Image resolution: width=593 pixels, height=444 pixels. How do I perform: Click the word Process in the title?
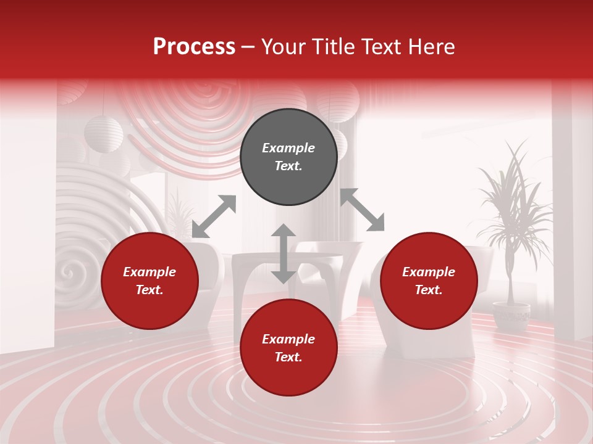pos(194,47)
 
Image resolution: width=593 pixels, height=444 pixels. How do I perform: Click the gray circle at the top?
pos(288,157)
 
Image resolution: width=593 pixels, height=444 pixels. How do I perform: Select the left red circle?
pos(149,281)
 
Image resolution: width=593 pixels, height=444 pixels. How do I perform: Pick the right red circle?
pos(429,281)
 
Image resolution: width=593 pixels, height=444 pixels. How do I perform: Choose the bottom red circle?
pos(288,348)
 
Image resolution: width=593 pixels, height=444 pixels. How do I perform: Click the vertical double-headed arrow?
pos(284,253)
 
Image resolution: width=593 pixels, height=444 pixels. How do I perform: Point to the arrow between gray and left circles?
pos(214,216)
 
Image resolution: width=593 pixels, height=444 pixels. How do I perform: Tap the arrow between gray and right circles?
pos(363,210)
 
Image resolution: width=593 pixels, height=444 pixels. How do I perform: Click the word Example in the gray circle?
pos(288,148)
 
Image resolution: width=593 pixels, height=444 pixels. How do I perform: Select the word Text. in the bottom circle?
pos(288,357)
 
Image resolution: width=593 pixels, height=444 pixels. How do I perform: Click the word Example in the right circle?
pos(429,272)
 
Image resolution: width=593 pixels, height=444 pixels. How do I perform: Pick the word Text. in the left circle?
pos(149,290)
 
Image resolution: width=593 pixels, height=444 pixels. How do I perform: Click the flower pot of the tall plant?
pos(511,315)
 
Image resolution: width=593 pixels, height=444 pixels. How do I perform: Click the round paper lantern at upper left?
pos(103,133)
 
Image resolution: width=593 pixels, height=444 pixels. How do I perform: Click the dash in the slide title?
pos(248,47)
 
